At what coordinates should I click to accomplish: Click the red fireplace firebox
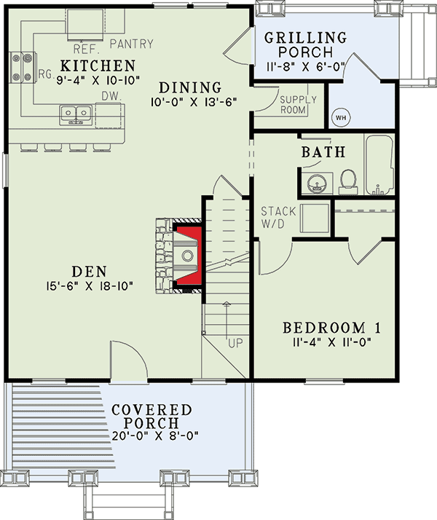(187, 255)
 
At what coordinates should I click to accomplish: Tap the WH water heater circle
(340, 117)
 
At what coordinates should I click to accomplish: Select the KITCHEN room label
(98, 65)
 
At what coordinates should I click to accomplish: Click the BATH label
(323, 152)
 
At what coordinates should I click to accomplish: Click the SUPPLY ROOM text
(297, 104)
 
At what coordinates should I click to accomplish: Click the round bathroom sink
(316, 182)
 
